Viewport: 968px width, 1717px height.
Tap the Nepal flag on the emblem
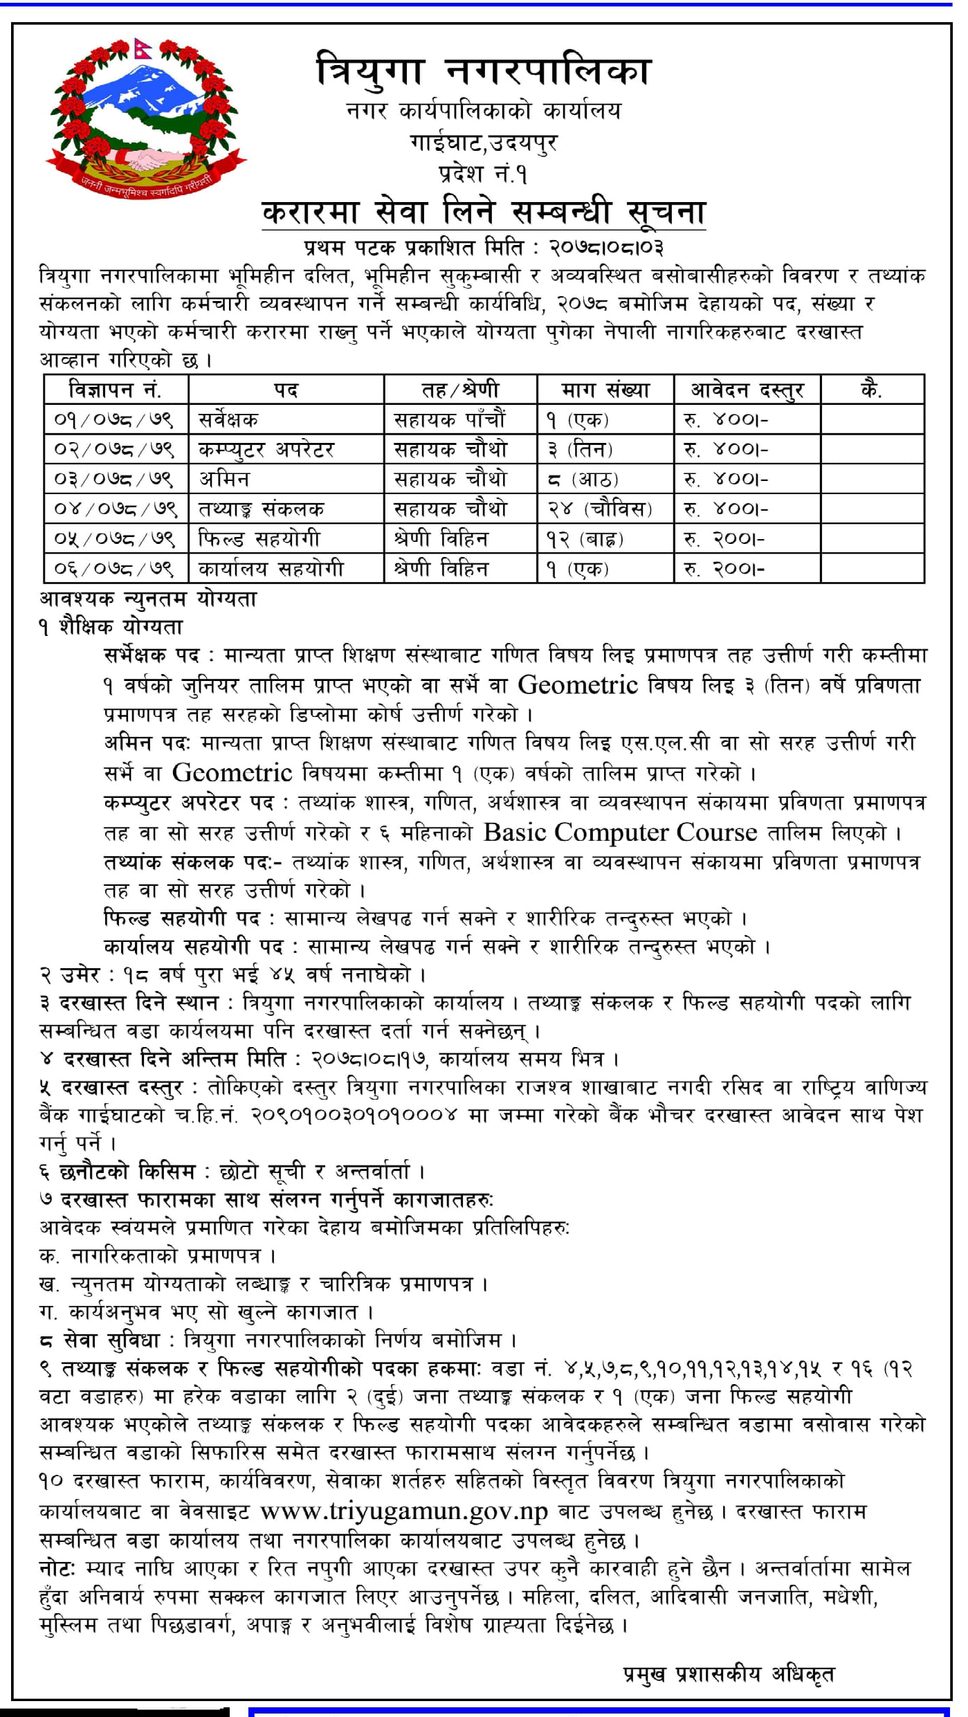(x=143, y=49)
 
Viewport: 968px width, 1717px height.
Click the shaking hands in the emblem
(x=146, y=161)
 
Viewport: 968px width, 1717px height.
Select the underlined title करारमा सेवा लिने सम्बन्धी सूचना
(x=483, y=212)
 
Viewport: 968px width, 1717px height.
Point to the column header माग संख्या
(x=605, y=390)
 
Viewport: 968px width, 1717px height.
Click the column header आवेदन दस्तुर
(x=747, y=390)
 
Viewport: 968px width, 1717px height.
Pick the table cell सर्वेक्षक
(x=228, y=419)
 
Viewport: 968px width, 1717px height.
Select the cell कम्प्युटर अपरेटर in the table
(x=266, y=450)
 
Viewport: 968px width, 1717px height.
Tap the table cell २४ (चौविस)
(x=599, y=509)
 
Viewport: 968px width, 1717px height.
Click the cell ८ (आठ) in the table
(x=582, y=479)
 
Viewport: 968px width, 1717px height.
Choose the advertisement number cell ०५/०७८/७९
(x=115, y=539)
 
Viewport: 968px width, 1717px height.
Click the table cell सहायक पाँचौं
(x=450, y=419)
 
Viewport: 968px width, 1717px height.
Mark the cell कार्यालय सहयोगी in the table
(x=271, y=569)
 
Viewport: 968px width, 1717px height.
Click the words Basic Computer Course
(x=620, y=833)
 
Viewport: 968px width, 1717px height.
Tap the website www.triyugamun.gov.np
(x=404, y=1512)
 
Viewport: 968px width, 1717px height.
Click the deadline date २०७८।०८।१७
(x=369, y=1058)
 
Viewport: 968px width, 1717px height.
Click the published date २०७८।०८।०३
(x=607, y=247)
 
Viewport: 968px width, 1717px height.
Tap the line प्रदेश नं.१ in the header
(x=483, y=174)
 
